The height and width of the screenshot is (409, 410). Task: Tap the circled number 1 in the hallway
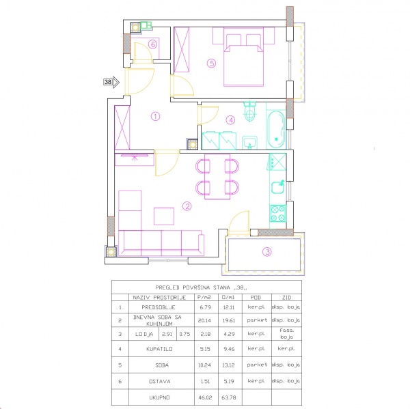[155, 116]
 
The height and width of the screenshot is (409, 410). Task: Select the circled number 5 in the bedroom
[212, 64]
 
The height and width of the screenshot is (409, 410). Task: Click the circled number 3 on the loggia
[267, 251]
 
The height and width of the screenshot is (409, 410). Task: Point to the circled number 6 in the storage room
[153, 44]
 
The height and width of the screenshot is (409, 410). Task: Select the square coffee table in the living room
[164, 216]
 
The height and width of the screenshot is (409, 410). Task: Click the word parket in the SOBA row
[256, 364]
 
